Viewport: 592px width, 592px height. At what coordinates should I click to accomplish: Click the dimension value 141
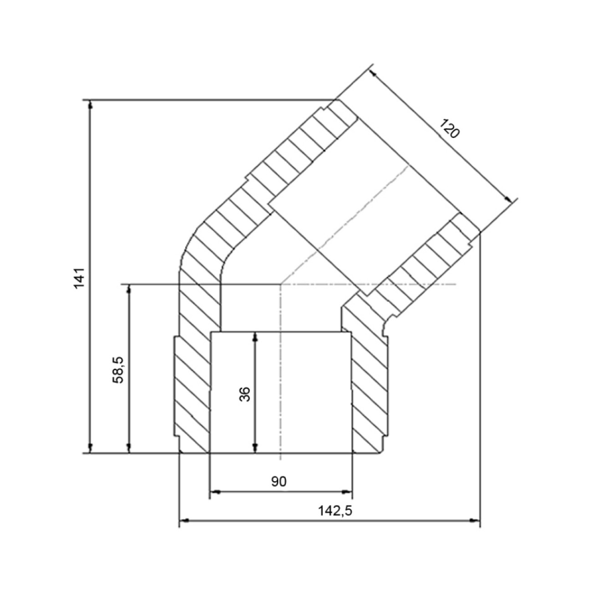tap(79, 277)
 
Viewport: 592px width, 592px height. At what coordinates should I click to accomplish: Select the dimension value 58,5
tap(118, 370)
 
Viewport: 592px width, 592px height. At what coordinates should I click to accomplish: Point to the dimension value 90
tap(279, 481)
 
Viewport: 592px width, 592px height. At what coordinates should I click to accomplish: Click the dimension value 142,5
tap(335, 511)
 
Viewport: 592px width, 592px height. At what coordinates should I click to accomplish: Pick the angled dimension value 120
tap(449, 128)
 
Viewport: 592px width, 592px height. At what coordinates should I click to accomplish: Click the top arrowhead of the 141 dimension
tap(90, 105)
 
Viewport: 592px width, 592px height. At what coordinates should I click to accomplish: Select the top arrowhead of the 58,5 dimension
tap(129, 289)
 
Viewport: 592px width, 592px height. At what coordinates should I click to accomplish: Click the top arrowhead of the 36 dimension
tap(255, 337)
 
